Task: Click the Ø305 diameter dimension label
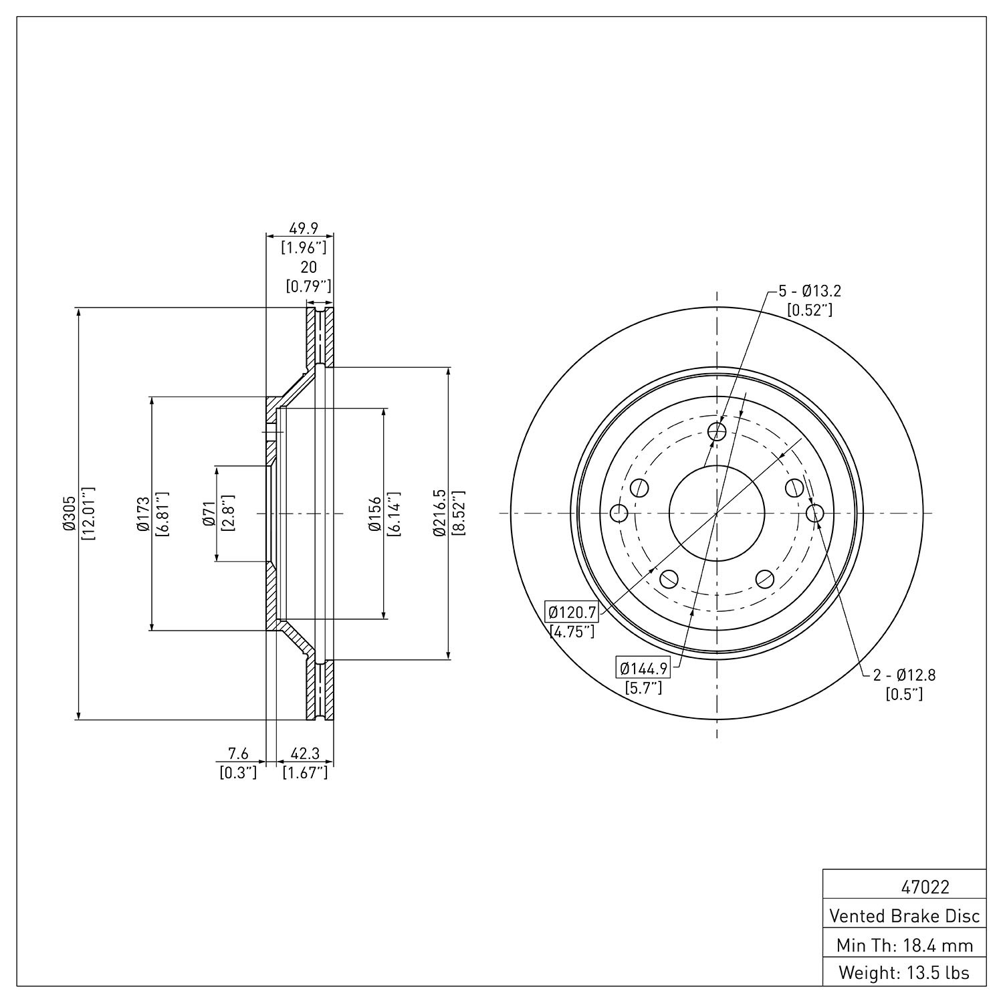pyautogui.click(x=69, y=514)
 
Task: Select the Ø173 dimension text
pyautogui.click(x=141, y=514)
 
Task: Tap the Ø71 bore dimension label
pyautogui.click(x=208, y=514)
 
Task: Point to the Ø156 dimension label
pyautogui.click(x=374, y=514)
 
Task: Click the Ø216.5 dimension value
pyautogui.click(x=439, y=514)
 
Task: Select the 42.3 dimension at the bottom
pyautogui.click(x=304, y=754)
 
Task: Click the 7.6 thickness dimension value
pyautogui.click(x=239, y=754)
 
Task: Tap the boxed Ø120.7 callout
pyautogui.click(x=571, y=611)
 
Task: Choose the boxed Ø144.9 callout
pyautogui.click(x=643, y=667)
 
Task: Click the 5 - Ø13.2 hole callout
pyautogui.click(x=809, y=292)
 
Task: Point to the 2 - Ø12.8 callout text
pyautogui.click(x=904, y=675)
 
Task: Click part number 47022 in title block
pyautogui.click(x=925, y=887)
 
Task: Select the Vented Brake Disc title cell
pyautogui.click(x=905, y=915)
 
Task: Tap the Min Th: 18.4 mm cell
pyautogui.click(x=905, y=945)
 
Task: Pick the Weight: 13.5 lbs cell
pyautogui.click(x=905, y=973)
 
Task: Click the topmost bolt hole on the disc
pyautogui.click(x=717, y=431)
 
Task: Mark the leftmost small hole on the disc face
pyautogui.click(x=619, y=514)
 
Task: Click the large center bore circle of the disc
pyautogui.click(x=717, y=513)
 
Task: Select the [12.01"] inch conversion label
pyautogui.click(x=88, y=514)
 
